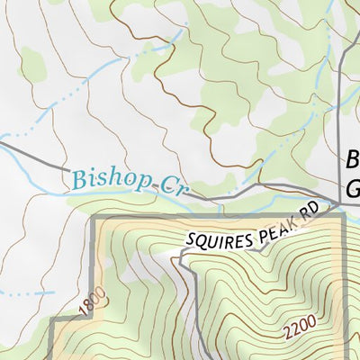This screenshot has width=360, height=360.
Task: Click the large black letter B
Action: point(352,162)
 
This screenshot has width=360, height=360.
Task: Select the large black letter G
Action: point(352,190)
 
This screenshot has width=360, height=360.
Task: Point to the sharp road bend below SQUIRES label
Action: point(181,258)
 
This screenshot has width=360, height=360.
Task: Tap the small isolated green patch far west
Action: point(33,62)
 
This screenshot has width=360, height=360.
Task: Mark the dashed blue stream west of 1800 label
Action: point(27,293)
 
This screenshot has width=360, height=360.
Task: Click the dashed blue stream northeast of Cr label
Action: point(279,144)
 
